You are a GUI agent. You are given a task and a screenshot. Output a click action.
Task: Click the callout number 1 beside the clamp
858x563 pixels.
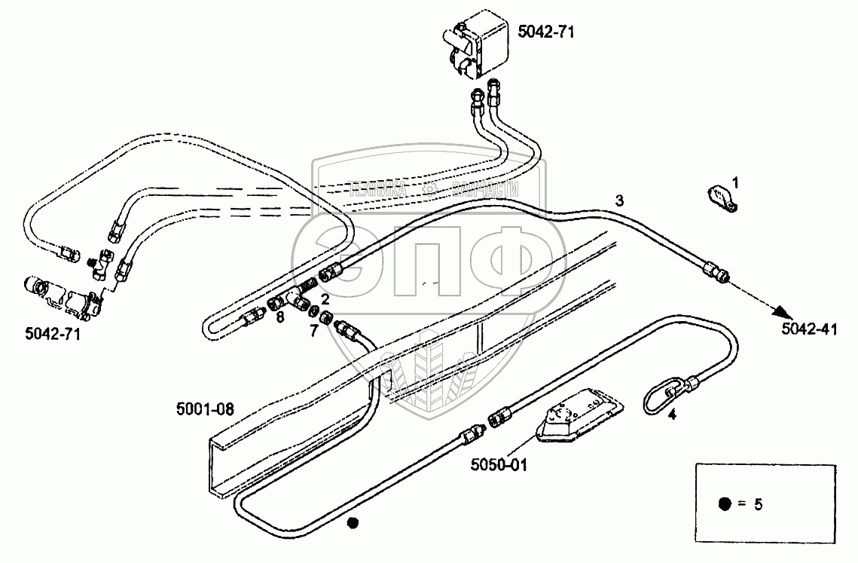click(736, 182)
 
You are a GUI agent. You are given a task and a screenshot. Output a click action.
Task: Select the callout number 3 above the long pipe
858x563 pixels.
click(619, 200)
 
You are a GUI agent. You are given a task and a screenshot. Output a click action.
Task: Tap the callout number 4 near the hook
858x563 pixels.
click(673, 414)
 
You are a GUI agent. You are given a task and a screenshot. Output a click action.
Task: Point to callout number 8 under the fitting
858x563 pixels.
click(279, 317)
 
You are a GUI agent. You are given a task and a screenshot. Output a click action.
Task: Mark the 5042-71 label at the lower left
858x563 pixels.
click(51, 332)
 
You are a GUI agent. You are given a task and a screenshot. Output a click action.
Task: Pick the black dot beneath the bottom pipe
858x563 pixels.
click(351, 522)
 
